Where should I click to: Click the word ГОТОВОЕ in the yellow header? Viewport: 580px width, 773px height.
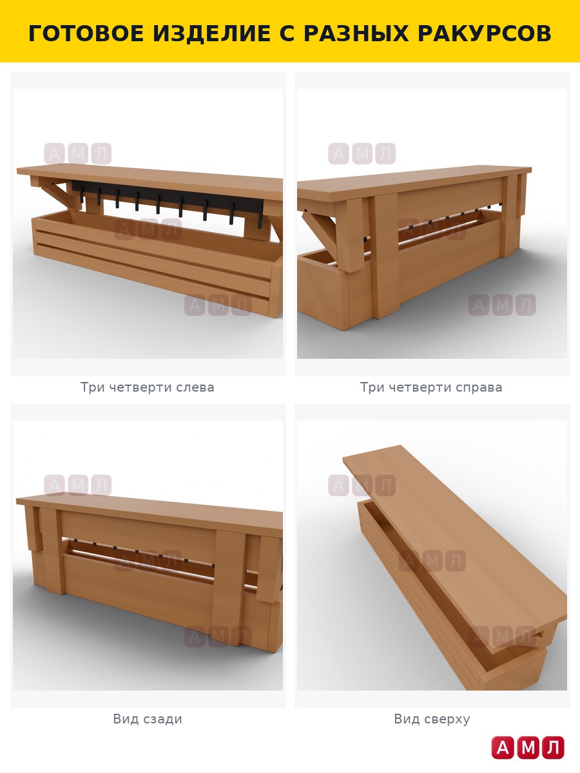pyautogui.click(x=86, y=33)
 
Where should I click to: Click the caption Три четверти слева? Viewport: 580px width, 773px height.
pyautogui.click(x=147, y=387)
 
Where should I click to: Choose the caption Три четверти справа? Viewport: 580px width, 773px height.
pyautogui.click(x=431, y=387)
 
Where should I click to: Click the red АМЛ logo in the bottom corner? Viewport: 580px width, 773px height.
pyautogui.click(x=528, y=748)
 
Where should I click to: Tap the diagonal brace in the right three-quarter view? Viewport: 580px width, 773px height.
pyautogui.click(x=319, y=225)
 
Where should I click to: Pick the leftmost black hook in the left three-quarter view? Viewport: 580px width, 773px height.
pyautogui.click(x=82, y=195)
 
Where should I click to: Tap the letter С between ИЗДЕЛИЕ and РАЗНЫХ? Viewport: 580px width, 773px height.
pyautogui.click(x=287, y=33)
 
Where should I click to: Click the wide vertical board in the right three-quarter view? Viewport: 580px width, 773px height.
pyautogui.click(x=385, y=255)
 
